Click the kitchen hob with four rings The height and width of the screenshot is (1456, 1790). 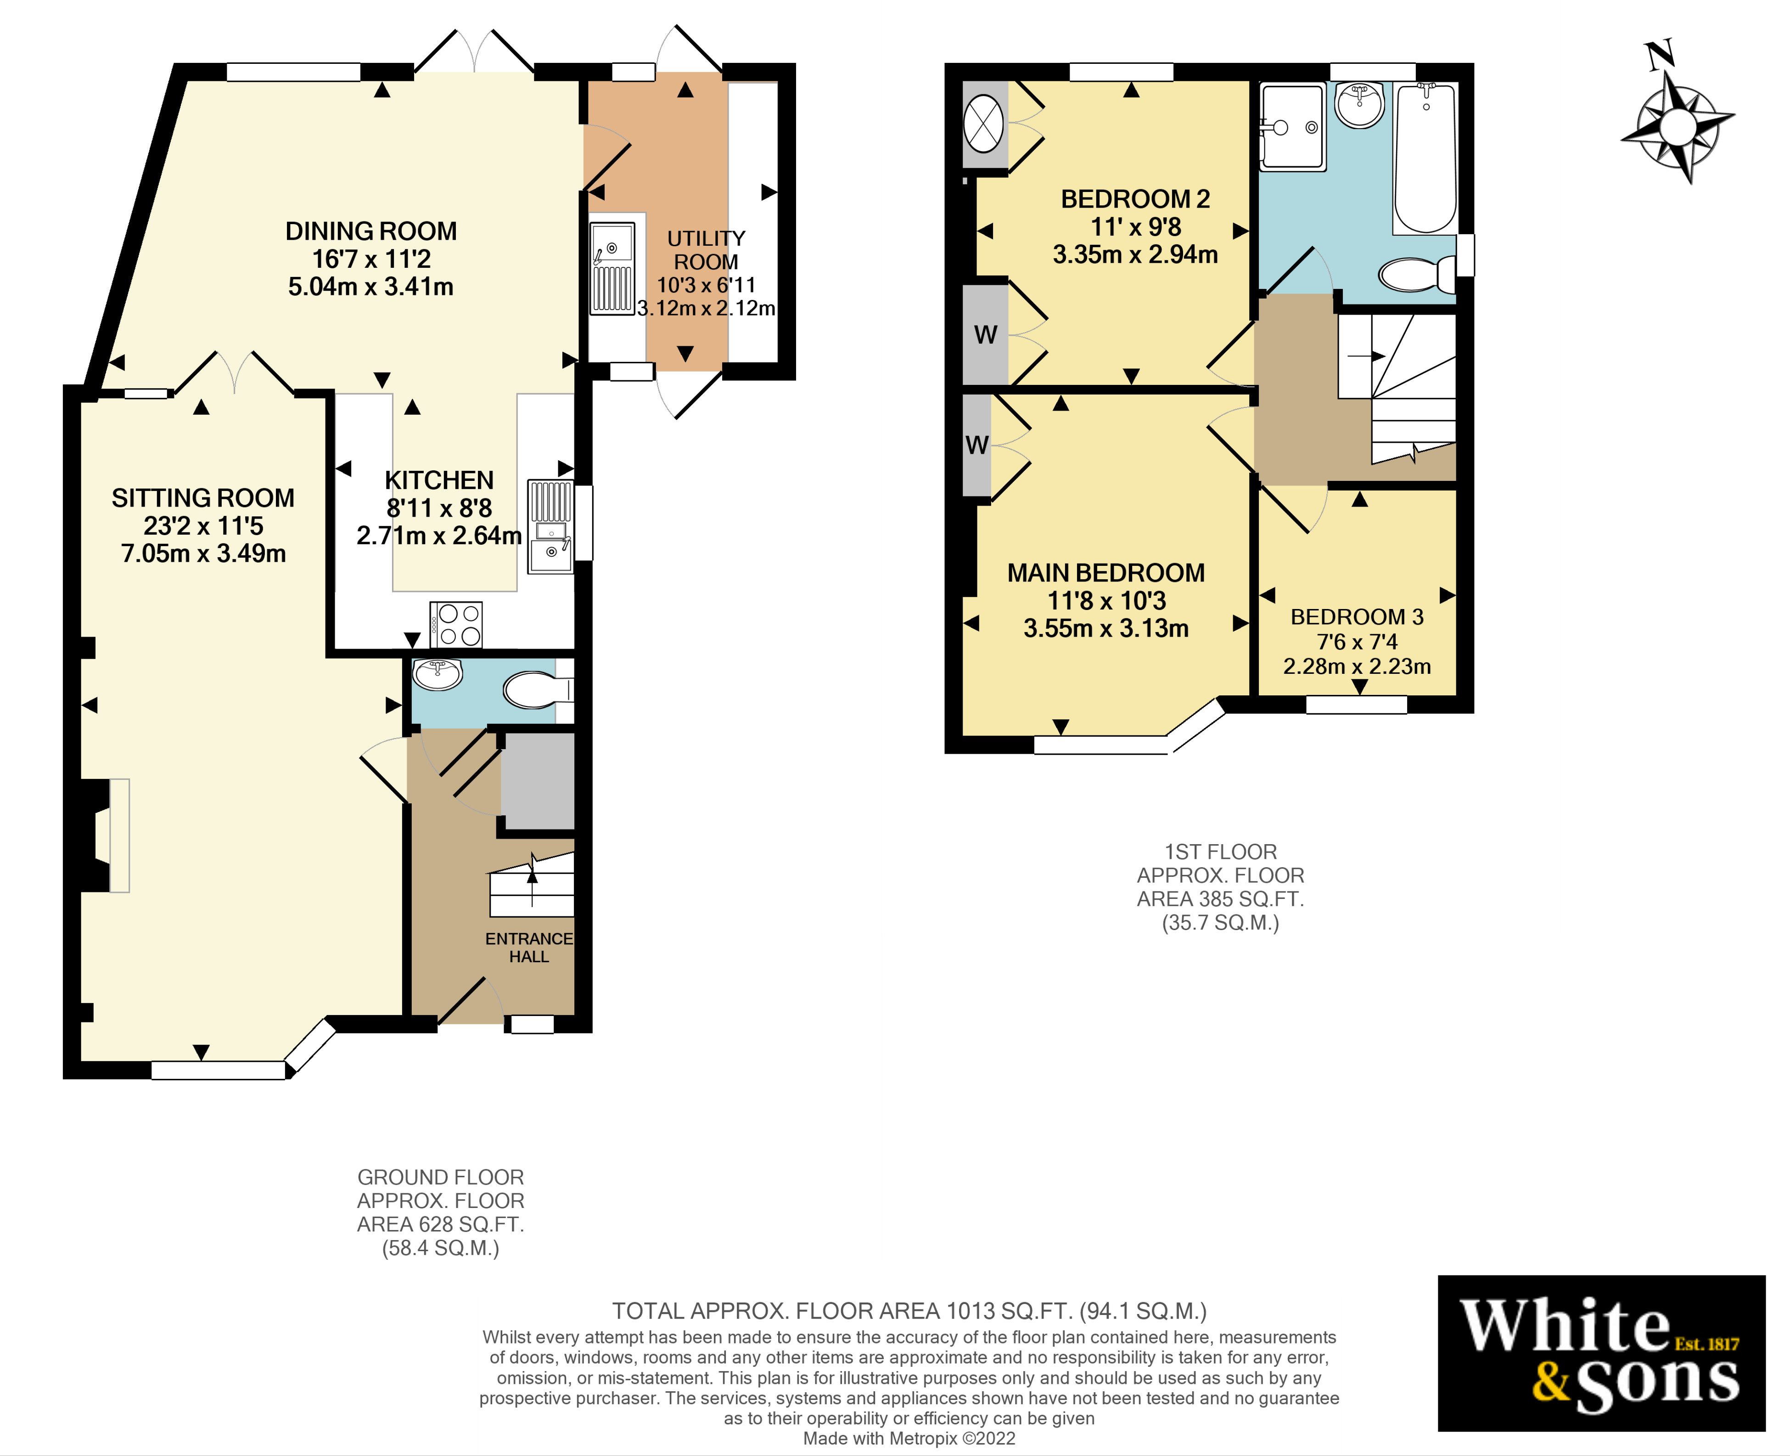456,625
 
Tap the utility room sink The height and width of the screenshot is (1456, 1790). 612,267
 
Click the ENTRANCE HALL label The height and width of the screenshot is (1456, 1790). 529,948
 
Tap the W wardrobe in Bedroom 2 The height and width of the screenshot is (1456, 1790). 985,335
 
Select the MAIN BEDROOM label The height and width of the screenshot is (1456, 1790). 1106,573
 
